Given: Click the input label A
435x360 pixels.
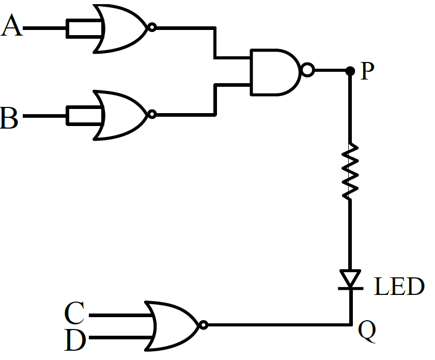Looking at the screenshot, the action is point(12,25).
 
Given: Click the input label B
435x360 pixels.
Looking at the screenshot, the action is point(9,118).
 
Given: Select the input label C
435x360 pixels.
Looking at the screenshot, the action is point(74,313).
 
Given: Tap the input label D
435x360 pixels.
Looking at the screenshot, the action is point(75,340).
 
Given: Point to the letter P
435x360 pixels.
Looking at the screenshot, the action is point(367,71).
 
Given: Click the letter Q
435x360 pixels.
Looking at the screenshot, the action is point(367,331).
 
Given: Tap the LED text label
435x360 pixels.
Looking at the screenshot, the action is point(399,286).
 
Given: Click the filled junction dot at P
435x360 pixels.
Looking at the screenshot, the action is point(350,71).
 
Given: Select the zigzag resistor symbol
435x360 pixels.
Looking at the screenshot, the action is point(350,171).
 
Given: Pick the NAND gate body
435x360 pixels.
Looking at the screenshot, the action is point(275,72).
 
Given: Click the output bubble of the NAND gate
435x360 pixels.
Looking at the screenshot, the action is point(308,70).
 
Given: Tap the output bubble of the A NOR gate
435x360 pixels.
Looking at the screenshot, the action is point(152,27).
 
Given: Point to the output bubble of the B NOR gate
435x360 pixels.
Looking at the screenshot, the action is point(152,114).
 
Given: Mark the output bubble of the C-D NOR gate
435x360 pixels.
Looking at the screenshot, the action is point(204,325).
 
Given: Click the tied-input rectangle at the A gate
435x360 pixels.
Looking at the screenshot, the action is point(85,28).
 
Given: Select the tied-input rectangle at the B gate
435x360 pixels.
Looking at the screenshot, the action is point(85,115).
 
